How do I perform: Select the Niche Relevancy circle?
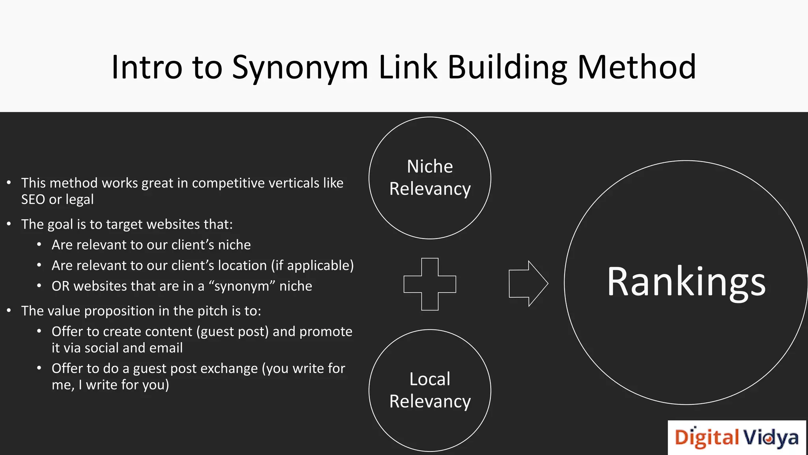click(x=430, y=178)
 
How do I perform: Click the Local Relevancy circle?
click(x=430, y=390)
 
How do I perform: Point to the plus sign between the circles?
click(x=430, y=284)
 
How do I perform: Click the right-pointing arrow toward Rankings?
click(x=528, y=284)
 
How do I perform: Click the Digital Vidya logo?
click(x=736, y=438)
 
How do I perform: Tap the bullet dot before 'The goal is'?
click(x=9, y=224)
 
